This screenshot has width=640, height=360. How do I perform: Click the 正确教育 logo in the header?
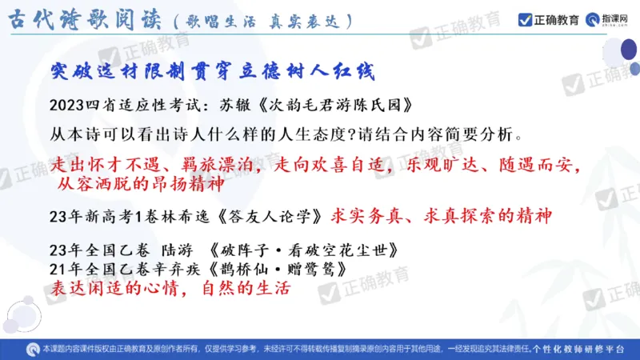click(x=549, y=20)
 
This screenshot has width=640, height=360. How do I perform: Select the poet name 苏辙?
click(x=239, y=104)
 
